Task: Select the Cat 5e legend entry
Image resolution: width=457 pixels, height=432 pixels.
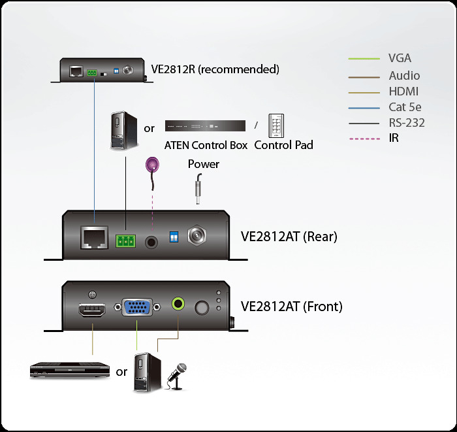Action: point(403,107)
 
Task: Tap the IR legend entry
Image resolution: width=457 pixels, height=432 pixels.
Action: point(394,139)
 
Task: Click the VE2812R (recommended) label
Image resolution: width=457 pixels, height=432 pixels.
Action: point(215,69)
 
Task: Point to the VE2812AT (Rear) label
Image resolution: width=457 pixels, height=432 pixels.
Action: point(289,237)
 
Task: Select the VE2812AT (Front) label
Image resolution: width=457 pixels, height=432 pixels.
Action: point(291,306)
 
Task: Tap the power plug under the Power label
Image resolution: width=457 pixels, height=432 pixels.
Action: point(196,190)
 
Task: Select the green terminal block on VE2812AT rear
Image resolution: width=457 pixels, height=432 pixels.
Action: point(125,241)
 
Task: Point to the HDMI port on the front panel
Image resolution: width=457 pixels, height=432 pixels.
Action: point(93,311)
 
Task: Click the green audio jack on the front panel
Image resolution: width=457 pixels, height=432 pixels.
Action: point(178,304)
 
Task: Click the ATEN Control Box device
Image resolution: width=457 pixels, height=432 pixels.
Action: point(205,125)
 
